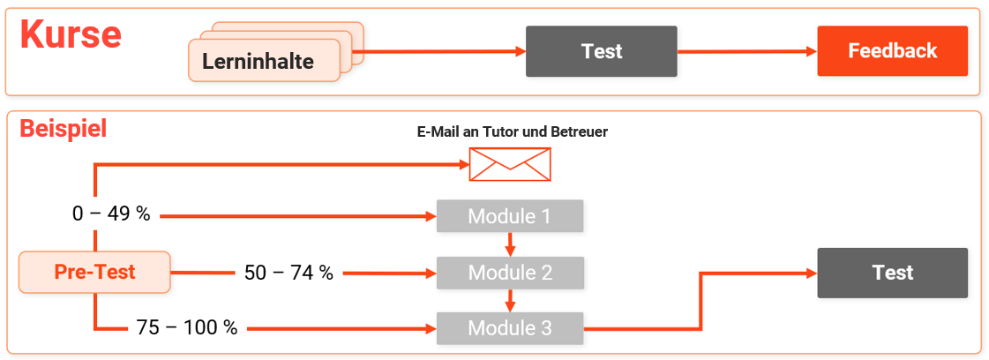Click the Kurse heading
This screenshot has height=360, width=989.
coord(71,35)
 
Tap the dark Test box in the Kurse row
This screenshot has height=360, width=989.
coord(602,51)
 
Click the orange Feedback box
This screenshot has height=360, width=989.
coord(892,51)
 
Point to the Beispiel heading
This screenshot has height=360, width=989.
coord(63,129)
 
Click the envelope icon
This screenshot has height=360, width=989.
coord(509,164)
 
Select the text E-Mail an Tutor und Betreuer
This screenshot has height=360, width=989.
coord(512,132)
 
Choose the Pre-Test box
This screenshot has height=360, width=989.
coord(94,272)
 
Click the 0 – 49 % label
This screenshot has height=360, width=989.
coord(111,214)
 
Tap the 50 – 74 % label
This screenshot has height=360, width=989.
coord(288,274)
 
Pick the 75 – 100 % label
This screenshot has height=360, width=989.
coord(187,328)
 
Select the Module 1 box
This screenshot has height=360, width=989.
coord(510,216)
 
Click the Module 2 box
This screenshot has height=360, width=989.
coord(510,273)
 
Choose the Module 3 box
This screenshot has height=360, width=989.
coord(510,329)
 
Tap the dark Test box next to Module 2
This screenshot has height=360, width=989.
coord(892,273)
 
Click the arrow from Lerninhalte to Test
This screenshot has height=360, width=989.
coord(441,51)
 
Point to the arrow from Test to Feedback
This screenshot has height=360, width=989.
coord(746,51)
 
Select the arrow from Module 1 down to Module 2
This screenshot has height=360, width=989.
coord(510,244)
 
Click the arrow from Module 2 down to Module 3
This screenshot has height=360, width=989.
coord(510,301)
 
